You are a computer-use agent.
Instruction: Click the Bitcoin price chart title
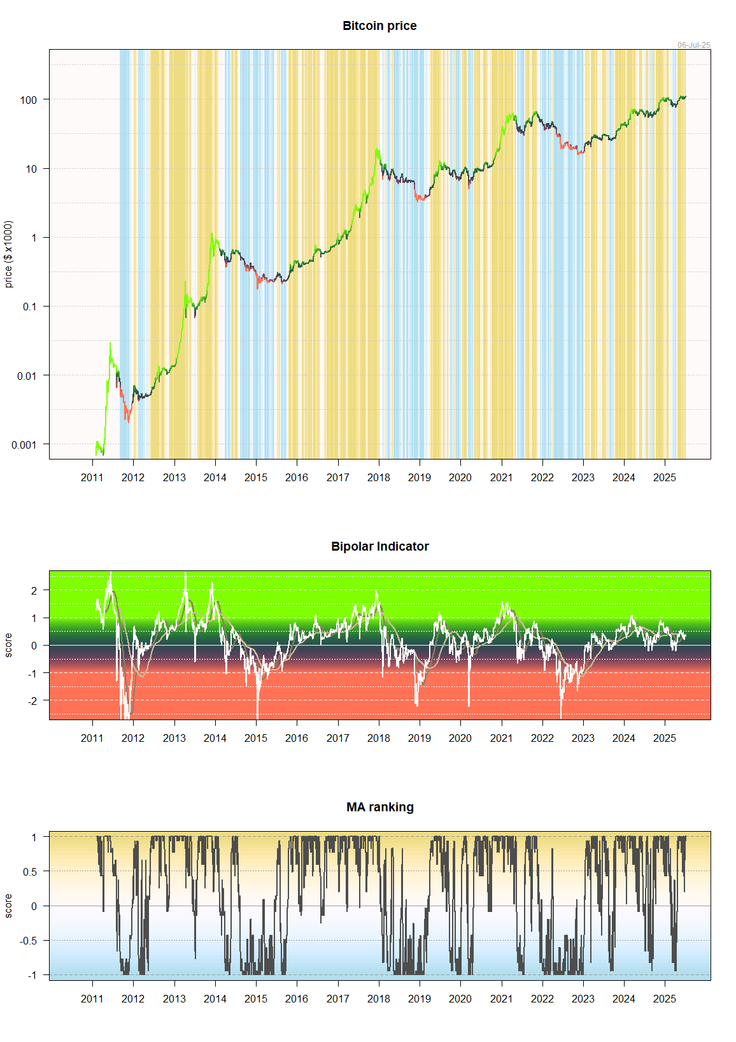tap(379, 26)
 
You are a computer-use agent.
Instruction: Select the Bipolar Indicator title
tap(379, 547)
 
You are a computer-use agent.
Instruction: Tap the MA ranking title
tap(379, 807)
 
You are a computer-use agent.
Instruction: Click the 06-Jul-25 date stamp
tap(693, 45)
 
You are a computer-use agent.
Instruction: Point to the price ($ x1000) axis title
tap(8, 254)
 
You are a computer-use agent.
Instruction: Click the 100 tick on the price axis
tap(29, 100)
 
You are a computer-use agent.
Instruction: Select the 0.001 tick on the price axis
tap(24, 445)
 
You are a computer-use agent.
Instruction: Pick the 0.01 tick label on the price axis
tap(27, 376)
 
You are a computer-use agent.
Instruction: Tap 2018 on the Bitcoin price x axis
tap(378, 477)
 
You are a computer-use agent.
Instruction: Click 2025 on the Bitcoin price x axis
tap(664, 477)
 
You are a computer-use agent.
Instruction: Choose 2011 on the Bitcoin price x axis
tap(92, 477)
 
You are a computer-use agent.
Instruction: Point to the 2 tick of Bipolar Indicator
tap(34, 591)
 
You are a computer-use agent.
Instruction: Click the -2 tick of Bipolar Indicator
tap(32, 700)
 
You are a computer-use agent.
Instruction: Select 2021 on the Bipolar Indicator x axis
tap(501, 738)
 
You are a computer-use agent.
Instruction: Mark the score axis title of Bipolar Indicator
tap(8, 645)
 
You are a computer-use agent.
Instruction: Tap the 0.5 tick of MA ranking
tap(30, 872)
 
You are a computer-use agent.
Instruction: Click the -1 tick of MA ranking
tap(32, 975)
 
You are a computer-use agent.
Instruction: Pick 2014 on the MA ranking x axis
tap(215, 999)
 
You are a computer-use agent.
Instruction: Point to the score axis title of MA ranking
tap(8, 906)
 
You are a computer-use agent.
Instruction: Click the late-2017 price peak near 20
tap(378, 149)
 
